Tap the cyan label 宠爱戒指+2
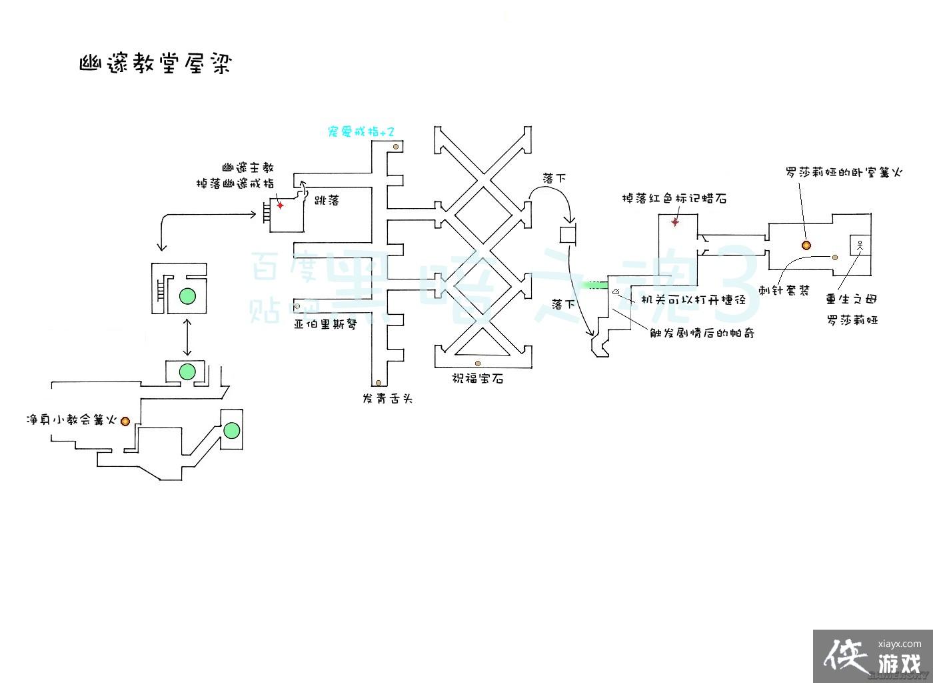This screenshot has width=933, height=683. [361, 132]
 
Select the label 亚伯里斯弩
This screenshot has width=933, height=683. [326, 325]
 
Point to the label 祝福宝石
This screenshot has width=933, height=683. [477, 378]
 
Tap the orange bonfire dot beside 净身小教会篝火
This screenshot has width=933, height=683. [125, 420]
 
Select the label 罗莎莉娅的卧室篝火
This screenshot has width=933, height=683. [843, 172]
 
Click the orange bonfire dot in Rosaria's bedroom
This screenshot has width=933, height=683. [806, 245]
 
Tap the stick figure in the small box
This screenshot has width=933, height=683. [860, 246]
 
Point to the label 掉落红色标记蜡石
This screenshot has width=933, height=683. [673, 198]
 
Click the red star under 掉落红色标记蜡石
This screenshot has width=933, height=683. [674, 222]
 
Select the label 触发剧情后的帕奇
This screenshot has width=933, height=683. [702, 332]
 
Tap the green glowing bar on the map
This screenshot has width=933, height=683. [594, 285]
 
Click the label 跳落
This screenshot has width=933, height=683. [327, 199]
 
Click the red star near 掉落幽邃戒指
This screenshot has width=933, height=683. [281, 205]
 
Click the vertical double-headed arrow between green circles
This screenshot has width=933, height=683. [187, 337]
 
